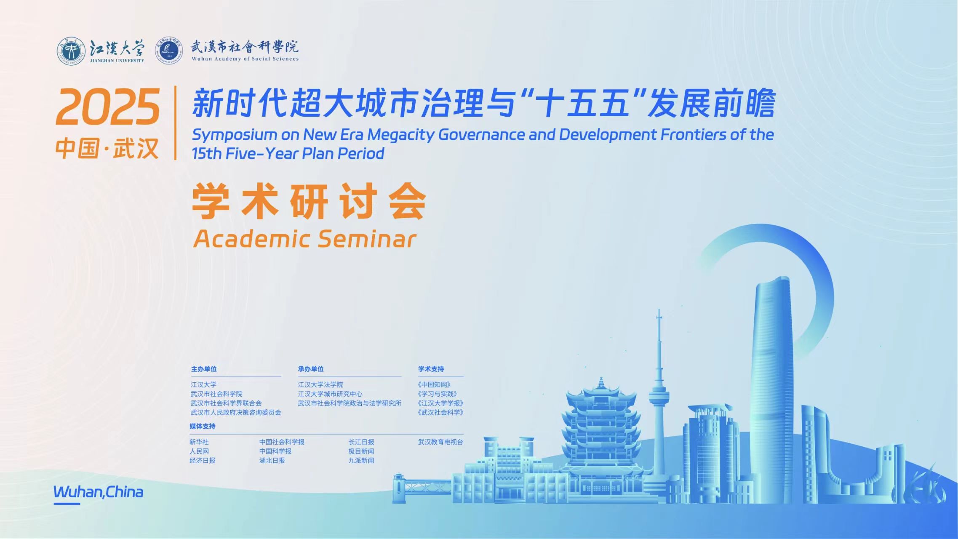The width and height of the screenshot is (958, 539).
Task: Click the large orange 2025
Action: click(108, 107)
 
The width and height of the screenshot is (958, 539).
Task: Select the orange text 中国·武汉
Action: click(107, 148)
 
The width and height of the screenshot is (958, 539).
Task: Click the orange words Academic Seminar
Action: click(305, 239)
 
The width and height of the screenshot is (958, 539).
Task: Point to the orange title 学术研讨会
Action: click(310, 201)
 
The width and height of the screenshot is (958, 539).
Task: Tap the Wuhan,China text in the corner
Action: click(98, 492)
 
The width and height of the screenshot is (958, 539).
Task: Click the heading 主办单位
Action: click(204, 369)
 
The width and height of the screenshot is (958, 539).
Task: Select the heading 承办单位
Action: click(311, 369)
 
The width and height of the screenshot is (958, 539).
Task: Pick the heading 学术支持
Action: click(431, 369)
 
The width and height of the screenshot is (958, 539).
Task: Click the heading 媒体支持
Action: click(203, 426)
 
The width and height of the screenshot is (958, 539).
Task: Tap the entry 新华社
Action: click(199, 442)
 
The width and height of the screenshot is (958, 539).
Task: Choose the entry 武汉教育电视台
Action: click(440, 442)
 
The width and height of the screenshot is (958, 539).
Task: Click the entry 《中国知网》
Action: click(435, 384)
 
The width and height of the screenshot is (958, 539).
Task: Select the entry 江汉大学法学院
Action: click(320, 384)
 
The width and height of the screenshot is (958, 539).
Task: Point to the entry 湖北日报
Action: click(272, 460)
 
